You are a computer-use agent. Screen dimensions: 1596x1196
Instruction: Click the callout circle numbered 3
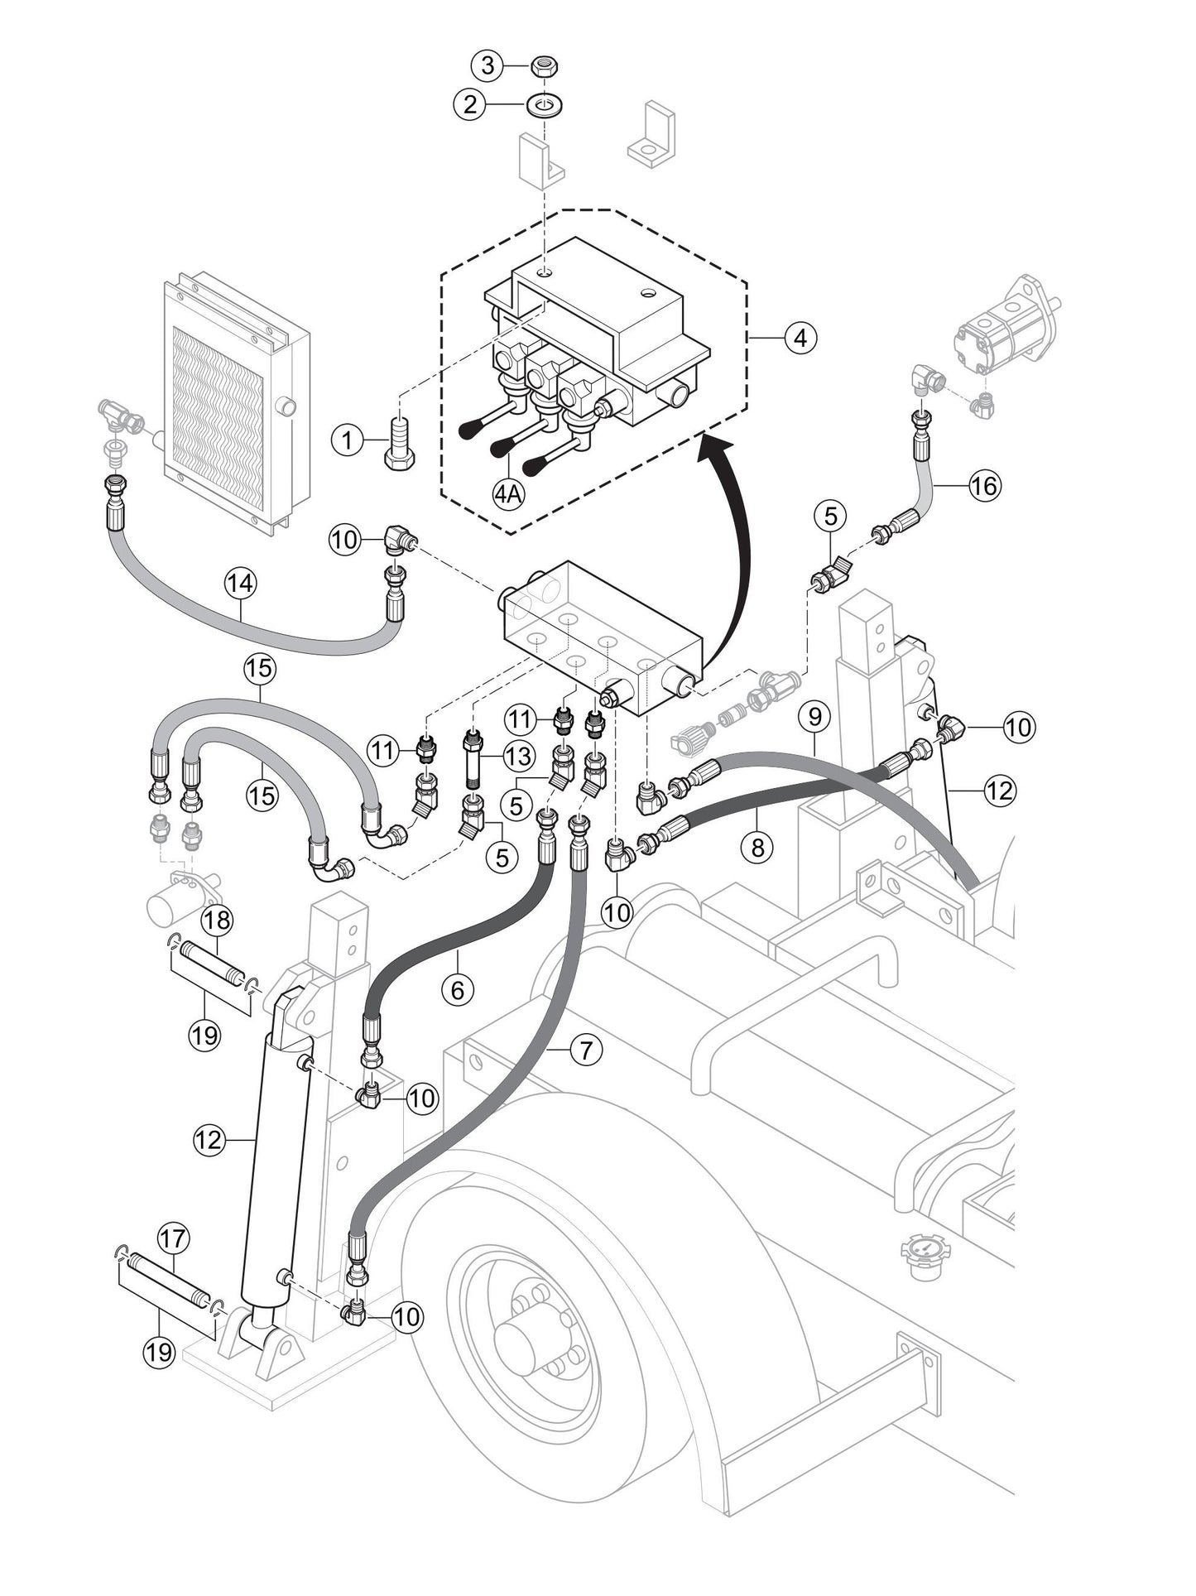tap(488, 65)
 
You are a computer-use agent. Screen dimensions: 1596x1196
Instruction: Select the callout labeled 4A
tap(508, 494)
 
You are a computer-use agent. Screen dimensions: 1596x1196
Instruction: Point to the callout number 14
tap(240, 584)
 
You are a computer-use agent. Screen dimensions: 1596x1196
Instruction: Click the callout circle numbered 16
tap(984, 485)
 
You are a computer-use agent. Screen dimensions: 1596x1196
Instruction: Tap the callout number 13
tap(520, 756)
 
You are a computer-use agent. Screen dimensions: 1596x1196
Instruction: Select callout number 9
tap(814, 717)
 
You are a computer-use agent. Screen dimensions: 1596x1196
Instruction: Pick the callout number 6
tap(458, 988)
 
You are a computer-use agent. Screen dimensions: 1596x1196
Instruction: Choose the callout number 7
tap(586, 1050)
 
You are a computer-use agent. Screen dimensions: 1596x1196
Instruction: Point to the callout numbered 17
tap(174, 1239)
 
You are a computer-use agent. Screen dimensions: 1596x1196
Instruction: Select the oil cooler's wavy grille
tap(218, 418)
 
